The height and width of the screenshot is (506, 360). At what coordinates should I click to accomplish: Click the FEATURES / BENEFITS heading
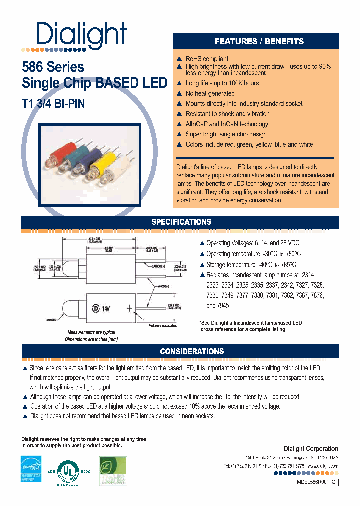(x=259, y=41)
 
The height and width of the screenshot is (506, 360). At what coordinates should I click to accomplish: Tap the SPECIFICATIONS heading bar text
(x=181, y=222)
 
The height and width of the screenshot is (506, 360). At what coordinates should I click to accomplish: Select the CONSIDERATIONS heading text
(x=192, y=351)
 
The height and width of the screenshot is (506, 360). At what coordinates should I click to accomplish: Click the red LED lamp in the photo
(x=63, y=149)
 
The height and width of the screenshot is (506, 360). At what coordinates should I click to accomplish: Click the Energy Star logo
(x=30, y=468)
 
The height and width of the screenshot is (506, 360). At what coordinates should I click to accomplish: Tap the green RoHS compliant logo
(x=113, y=471)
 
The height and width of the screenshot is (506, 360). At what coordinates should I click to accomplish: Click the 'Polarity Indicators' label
(x=163, y=326)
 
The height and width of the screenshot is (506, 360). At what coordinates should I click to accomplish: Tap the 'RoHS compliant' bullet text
(x=207, y=59)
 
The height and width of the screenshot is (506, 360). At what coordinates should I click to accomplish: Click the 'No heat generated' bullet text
(x=210, y=93)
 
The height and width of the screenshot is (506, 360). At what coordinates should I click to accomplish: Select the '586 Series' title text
(x=53, y=67)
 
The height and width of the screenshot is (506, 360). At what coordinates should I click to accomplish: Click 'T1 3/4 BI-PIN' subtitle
(x=54, y=103)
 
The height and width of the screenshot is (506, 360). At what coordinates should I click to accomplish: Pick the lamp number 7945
(x=211, y=305)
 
